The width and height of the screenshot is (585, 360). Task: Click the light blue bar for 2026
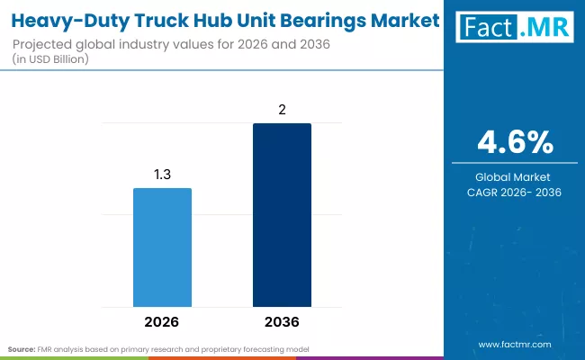point(162,247)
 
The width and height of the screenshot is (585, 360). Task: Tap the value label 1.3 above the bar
point(162,173)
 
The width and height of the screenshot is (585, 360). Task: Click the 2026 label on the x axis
point(162,321)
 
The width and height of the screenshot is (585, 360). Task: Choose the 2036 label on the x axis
point(282,321)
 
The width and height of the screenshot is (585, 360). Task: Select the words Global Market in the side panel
point(515,176)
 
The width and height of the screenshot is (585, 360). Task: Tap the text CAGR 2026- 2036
point(515,192)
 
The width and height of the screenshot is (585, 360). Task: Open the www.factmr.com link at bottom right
point(514,344)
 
